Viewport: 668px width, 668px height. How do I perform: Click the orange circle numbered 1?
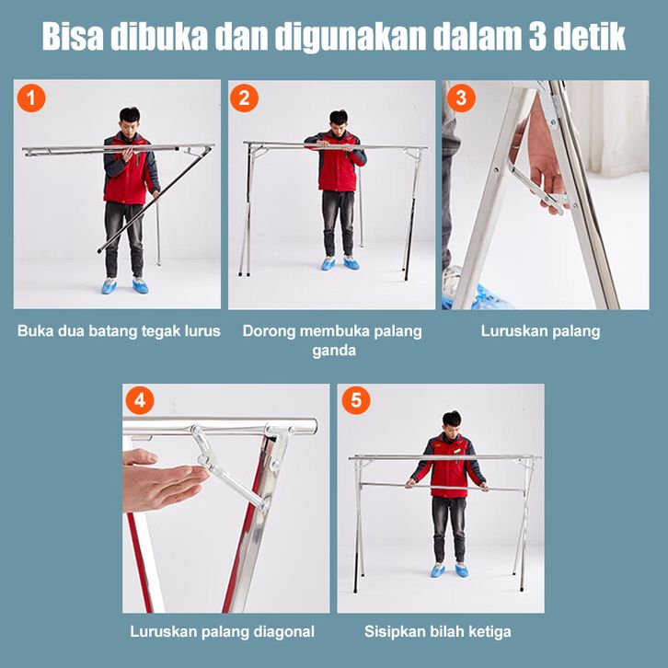tap(31, 98)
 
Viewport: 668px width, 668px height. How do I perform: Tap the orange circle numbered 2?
tap(244, 98)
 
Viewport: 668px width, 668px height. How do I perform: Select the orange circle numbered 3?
tap(461, 98)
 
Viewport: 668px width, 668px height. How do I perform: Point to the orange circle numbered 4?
tap(140, 400)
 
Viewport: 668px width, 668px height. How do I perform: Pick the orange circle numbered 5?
tap(356, 400)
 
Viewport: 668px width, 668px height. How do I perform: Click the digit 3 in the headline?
tap(537, 37)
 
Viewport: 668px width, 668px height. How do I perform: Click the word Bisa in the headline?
tap(73, 37)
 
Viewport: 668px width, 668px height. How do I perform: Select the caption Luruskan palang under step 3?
tap(540, 331)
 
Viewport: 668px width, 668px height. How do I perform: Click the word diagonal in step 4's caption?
tap(283, 631)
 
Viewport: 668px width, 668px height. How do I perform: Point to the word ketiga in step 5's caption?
tap(489, 631)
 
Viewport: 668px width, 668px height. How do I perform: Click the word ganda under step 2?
tap(334, 351)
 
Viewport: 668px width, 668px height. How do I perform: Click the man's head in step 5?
tap(451, 422)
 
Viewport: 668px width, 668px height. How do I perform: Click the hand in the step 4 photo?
tap(164, 479)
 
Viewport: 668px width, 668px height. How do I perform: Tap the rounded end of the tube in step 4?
tap(313, 426)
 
